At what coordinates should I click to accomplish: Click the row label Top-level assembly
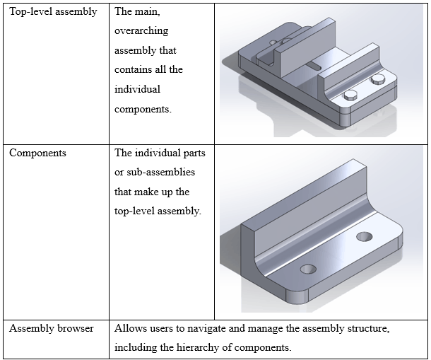pyautogui.click(x=53, y=12)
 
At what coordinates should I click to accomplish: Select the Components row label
pyautogui.click(x=37, y=153)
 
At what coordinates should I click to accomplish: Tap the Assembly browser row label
pyautogui.click(x=51, y=329)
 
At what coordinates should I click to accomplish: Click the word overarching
pyautogui.click(x=141, y=31)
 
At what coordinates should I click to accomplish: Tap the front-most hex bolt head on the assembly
pyautogui.click(x=349, y=95)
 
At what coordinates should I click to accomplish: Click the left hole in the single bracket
pyautogui.click(x=308, y=269)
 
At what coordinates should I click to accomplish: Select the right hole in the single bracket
pyautogui.click(x=365, y=236)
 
